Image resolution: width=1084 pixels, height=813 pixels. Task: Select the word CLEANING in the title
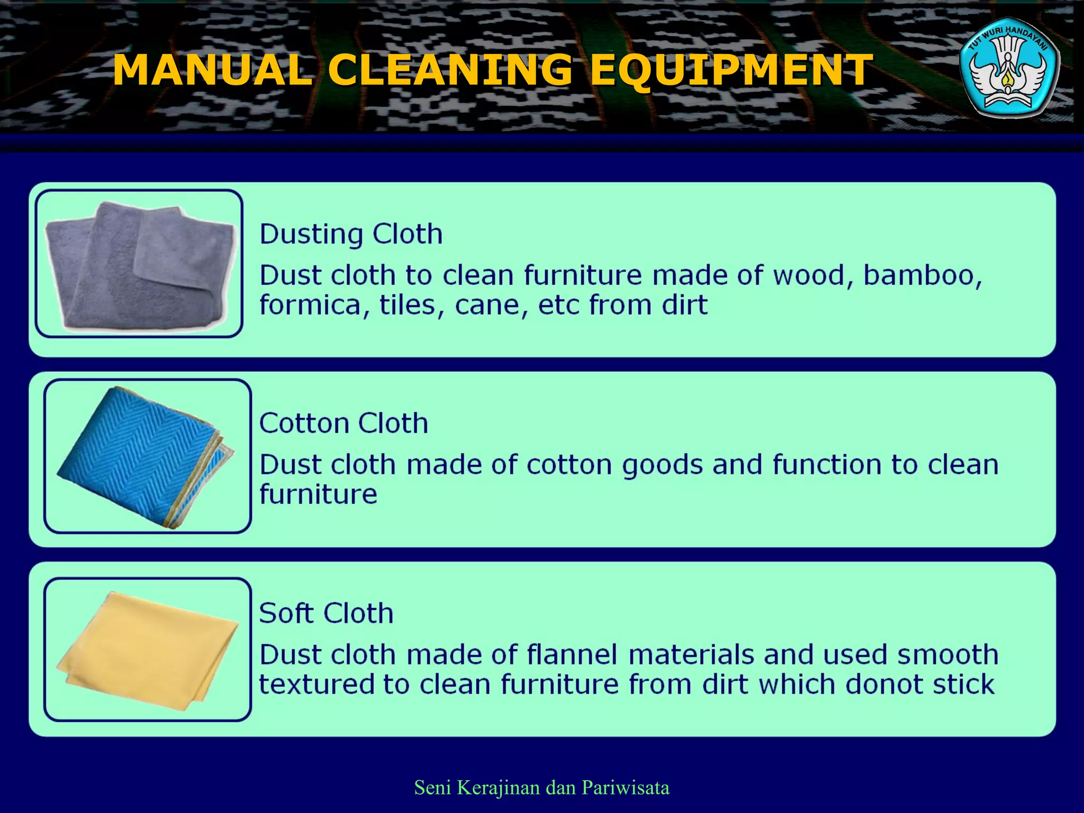pos(450,70)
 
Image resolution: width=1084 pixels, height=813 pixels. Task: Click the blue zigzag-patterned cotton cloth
pos(143,455)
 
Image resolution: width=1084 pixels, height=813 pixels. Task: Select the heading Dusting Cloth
pos(351,234)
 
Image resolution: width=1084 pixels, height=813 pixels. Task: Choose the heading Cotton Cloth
pos(344,423)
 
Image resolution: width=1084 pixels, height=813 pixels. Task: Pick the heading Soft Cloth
pos(326,613)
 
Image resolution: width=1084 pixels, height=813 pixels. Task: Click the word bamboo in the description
pos(922,275)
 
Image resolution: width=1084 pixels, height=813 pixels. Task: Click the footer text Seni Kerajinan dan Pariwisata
pos(541,788)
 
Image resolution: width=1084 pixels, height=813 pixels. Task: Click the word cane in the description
pos(491,305)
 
